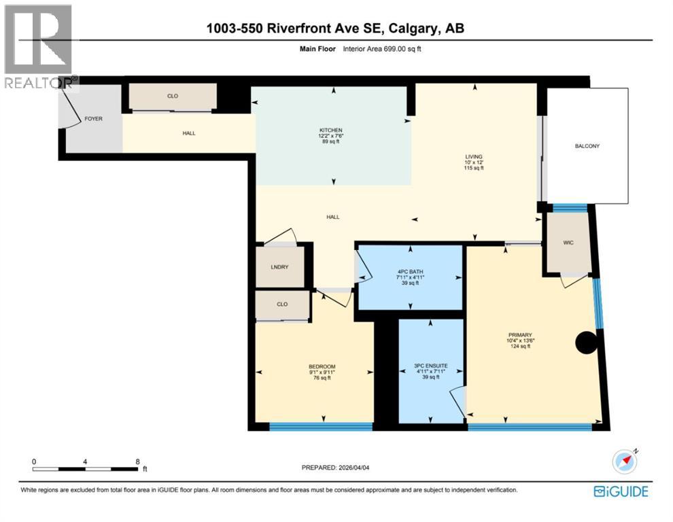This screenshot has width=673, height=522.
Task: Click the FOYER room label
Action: [93, 119]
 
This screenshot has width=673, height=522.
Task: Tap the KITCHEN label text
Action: [331, 130]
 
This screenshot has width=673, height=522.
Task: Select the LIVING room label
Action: [474, 156]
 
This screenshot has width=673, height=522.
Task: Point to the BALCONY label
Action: [587, 146]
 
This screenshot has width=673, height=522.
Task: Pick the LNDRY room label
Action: [279, 267]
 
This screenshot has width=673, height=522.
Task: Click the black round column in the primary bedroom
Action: [586, 343]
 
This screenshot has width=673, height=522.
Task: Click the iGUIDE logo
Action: [620, 491]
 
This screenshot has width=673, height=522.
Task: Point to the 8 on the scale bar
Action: [137, 462]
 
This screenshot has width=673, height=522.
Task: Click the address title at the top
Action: [336, 29]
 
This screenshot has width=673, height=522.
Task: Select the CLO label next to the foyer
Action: [173, 97]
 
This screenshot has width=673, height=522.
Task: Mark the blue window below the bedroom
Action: [321, 427]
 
